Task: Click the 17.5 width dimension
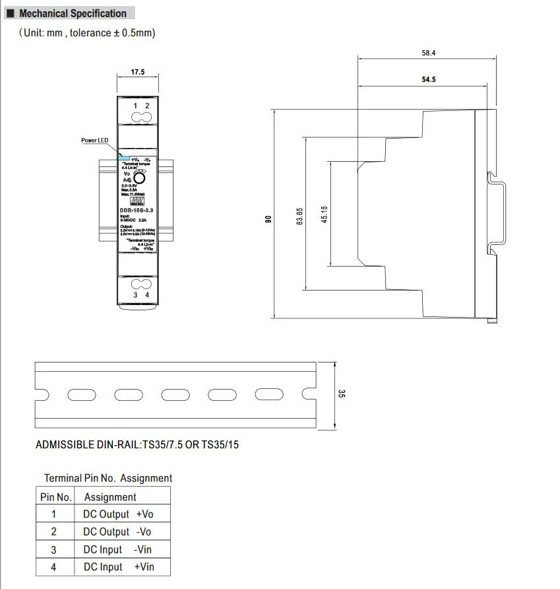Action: coord(137,72)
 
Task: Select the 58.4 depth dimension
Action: coord(429,53)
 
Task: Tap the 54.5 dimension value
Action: coord(429,79)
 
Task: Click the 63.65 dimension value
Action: coord(300,216)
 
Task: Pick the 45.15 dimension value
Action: coord(325,215)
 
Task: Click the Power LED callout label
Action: coord(94,140)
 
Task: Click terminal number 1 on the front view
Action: coord(136,106)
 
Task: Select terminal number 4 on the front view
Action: coord(147,295)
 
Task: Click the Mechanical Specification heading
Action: coord(73,13)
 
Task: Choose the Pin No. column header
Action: coord(56,497)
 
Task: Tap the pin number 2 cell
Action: coord(54,532)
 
